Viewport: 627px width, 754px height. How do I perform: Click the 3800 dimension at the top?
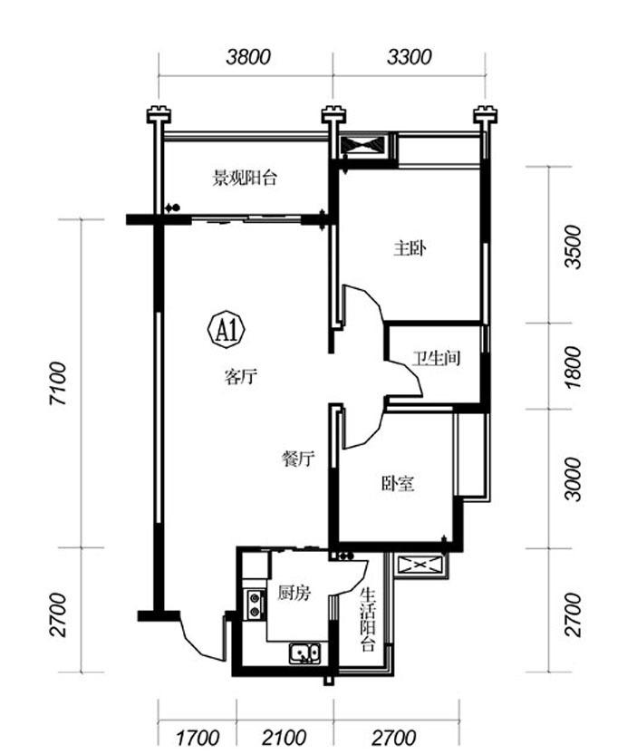248,57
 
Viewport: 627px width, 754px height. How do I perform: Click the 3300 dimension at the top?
410,57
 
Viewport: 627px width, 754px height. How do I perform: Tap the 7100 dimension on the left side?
58,383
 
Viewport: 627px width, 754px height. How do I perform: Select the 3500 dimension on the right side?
574,247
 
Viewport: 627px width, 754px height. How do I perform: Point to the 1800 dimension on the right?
574,367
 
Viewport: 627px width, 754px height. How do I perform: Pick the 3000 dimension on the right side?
574,479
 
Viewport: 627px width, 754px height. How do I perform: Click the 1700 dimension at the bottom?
198,738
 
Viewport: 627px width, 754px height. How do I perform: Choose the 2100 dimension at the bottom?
285,738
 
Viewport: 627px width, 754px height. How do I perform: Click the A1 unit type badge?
227,331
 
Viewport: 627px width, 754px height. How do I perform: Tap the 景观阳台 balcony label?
246,179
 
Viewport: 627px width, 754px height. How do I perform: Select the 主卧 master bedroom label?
410,248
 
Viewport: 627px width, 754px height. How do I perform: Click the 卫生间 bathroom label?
437,359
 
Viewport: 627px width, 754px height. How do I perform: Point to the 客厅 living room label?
241,376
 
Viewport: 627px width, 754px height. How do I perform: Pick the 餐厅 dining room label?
297,459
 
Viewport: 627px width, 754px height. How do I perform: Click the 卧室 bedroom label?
398,484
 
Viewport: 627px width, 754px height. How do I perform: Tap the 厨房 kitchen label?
294,593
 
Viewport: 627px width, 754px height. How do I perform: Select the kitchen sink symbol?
304,653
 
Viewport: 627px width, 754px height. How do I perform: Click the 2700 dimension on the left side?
58,615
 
